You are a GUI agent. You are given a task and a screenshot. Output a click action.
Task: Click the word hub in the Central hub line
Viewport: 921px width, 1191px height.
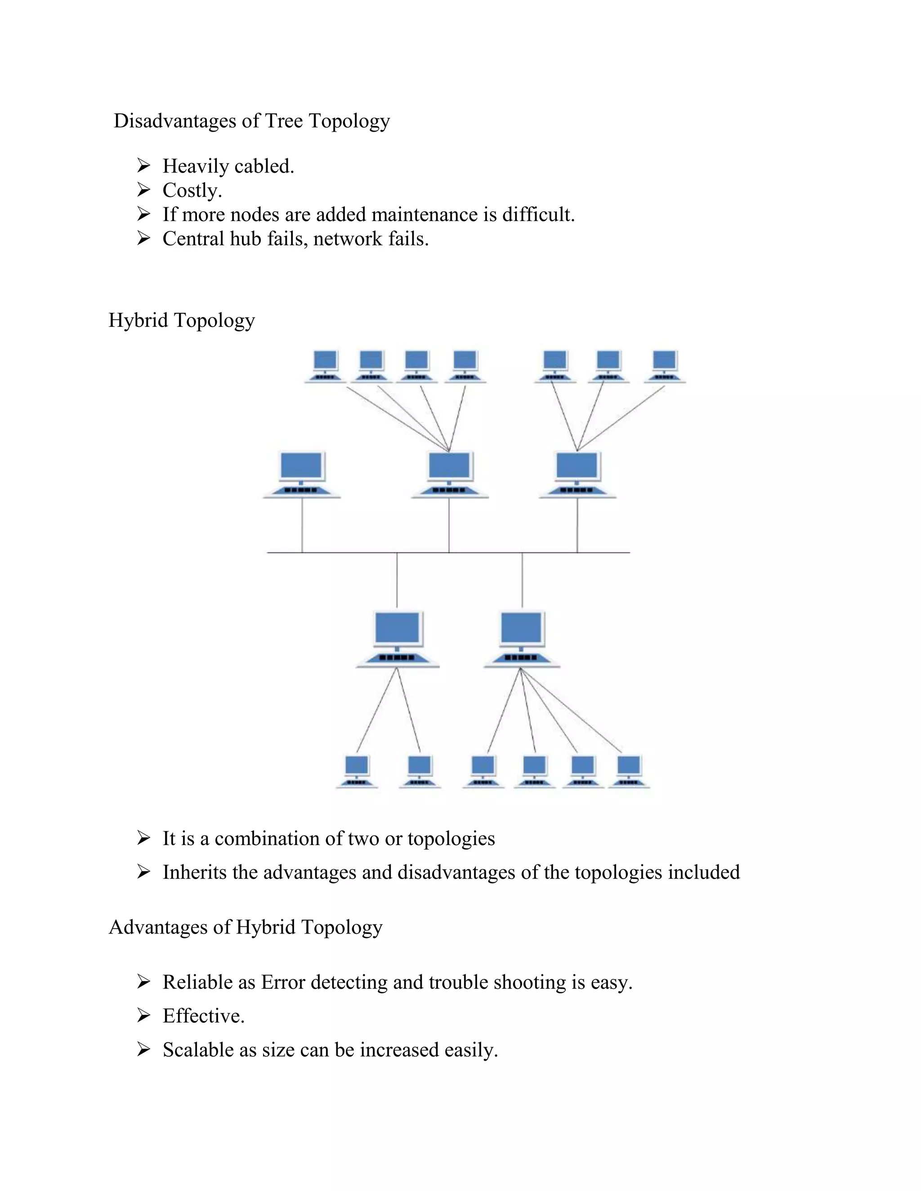[x=246, y=238]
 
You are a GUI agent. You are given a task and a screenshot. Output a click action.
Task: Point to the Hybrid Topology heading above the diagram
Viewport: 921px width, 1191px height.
[x=181, y=320]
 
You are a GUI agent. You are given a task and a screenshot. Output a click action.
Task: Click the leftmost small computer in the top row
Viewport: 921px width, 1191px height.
[x=325, y=365]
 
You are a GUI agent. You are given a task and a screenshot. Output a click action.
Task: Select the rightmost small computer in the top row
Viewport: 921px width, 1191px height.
[x=665, y=365]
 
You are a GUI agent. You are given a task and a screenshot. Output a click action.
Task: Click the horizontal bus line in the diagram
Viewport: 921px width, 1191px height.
[x=349, y=552]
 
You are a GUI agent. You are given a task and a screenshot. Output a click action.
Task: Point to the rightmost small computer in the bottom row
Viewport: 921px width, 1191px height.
[x=629, y=770]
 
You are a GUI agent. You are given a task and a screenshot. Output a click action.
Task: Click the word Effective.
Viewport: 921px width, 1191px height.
[x=202, y=1016]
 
